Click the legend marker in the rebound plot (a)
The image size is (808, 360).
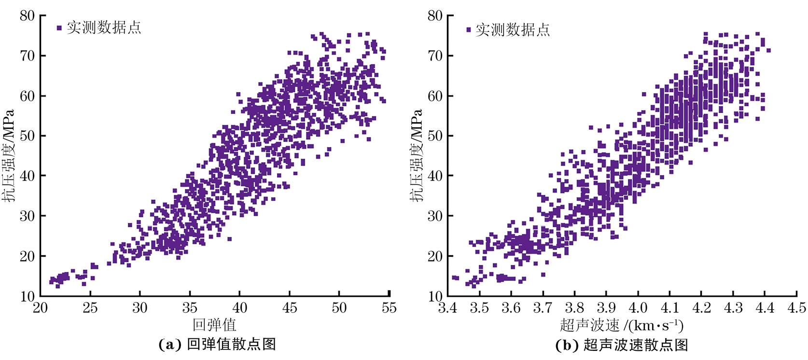point(59,28)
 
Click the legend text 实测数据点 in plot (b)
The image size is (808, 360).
point(513,30)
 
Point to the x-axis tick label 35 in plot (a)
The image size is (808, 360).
point(190,308)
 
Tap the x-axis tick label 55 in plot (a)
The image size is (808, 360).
point(389,308)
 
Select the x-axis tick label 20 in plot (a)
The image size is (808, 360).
point(41,308)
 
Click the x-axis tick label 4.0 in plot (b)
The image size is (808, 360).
point(638,308)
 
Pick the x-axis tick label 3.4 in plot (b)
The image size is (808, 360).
point(448,308)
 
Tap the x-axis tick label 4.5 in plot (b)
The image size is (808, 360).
point(796,308)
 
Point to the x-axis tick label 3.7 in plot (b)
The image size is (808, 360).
point(543,308)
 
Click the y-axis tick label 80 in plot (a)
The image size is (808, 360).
point(27,16)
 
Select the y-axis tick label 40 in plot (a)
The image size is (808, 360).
point(27,176)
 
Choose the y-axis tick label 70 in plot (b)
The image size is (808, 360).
point(435,56)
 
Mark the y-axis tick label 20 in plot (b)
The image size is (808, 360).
point(435,256)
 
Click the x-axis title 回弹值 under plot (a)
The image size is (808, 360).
point(214,325)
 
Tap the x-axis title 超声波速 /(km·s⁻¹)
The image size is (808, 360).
point(622,325)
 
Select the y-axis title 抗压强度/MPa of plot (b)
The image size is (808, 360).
point(417,155)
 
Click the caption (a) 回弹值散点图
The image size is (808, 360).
point(217,345)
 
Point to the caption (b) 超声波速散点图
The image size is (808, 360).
point(622,345)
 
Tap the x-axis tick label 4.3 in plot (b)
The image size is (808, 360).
point(733,308)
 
